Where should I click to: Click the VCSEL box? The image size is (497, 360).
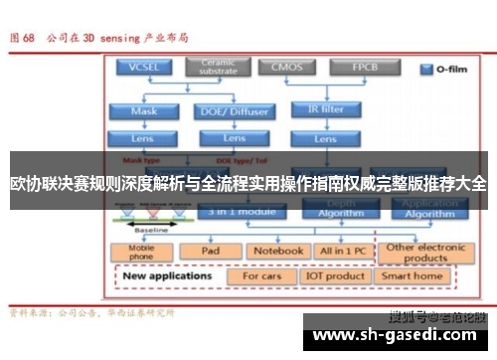click(x=143, y=68)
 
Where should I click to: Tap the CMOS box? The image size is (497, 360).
click(x=281, y=68)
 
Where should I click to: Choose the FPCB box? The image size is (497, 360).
click(x=352, y=68)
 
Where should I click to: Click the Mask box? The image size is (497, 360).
click(x=143, y=111)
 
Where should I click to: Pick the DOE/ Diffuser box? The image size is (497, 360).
click(x=235, y=111)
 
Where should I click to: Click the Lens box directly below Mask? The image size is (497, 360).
click(x=143, y=138)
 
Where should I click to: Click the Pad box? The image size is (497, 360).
click(x=210, y=252)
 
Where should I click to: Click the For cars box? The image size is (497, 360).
click(x=263, y=275)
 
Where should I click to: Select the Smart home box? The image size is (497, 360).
click(x=413, y=275)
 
